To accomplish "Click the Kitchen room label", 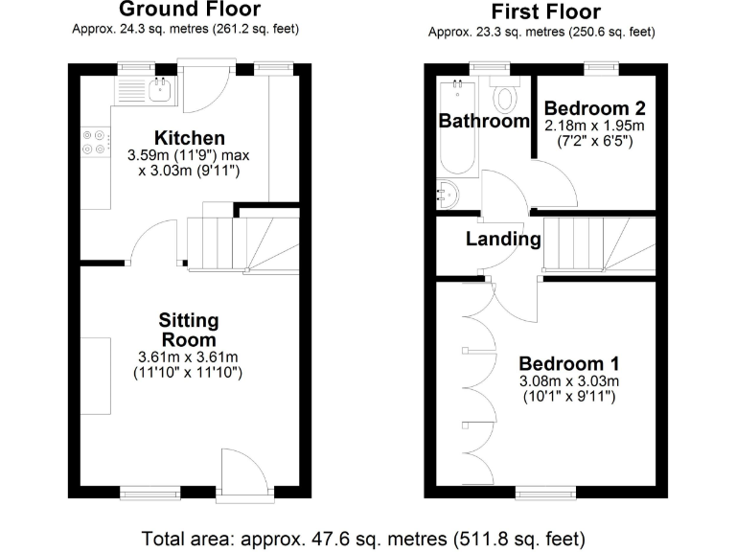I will (163, 139).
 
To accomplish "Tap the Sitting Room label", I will (189, 330).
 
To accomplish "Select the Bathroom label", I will (484, 122).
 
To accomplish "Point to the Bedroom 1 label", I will (568, 364).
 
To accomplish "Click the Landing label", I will (503, 239).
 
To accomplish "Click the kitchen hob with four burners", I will (95, 142).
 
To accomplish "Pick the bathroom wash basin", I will (446, 195).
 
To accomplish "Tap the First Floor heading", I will (545, 12).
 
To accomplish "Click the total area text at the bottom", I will (362, 537).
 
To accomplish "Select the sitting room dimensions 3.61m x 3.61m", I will (188, 357).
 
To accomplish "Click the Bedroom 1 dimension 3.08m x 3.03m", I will (568, 382).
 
